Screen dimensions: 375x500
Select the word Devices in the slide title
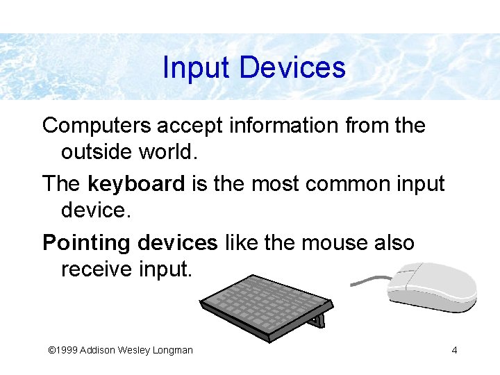pos(292,68)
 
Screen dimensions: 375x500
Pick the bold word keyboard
pos(136,184)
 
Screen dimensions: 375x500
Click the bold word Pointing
pos(87,243)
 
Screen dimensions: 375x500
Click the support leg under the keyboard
pos(319,321)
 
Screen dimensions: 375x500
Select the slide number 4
pos(454,350)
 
